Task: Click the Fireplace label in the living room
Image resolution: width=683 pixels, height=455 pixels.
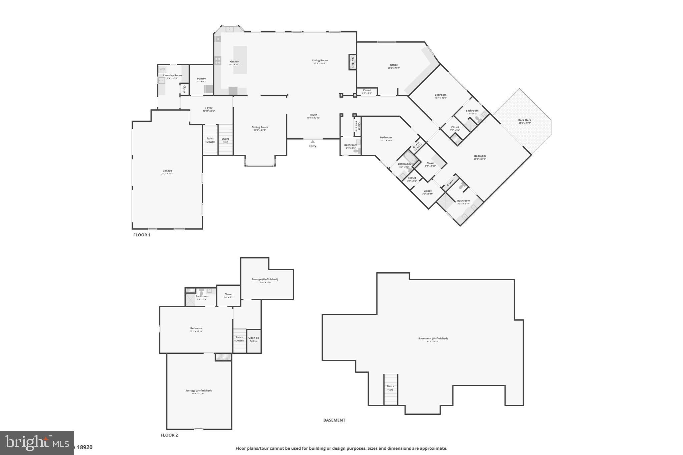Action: coord(352,62)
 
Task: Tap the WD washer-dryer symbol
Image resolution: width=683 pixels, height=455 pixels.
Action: coord(162,69)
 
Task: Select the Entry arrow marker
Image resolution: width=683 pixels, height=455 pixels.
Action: coord(312,142)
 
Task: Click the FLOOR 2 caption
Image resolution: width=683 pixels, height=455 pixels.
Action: coord(169,435)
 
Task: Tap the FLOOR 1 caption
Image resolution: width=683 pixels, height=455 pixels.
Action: coord(142,235)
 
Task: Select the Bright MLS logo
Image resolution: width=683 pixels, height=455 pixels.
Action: coord(37,443)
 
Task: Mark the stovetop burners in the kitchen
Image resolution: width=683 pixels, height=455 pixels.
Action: coord(217,61)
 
